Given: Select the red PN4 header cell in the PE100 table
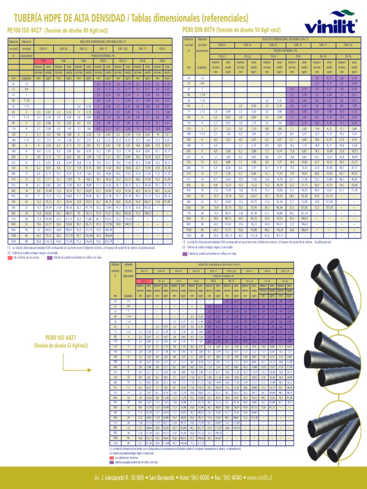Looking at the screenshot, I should click(43, 62).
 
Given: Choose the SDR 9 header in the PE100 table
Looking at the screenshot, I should click(162, 49).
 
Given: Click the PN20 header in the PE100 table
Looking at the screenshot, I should click(162, 62).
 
